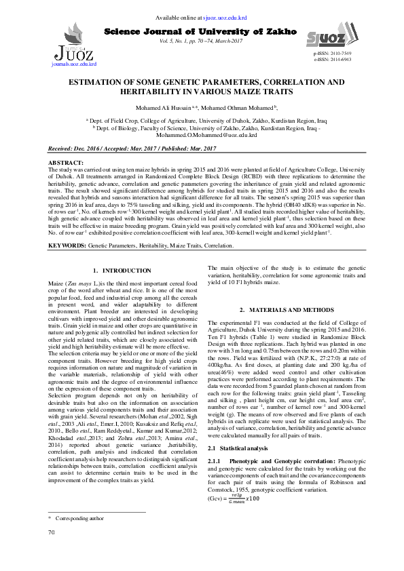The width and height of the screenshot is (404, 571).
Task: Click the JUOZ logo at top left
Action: point(73,50)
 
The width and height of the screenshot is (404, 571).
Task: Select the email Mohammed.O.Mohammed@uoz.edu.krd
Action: point(202,135)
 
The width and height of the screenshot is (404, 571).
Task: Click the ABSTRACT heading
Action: point(68,163)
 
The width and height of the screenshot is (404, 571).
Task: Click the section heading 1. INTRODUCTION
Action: point(122,271)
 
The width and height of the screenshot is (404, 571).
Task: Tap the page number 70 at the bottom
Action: point(51,551)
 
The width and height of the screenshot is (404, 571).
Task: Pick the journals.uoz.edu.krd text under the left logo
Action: point(74,64)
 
